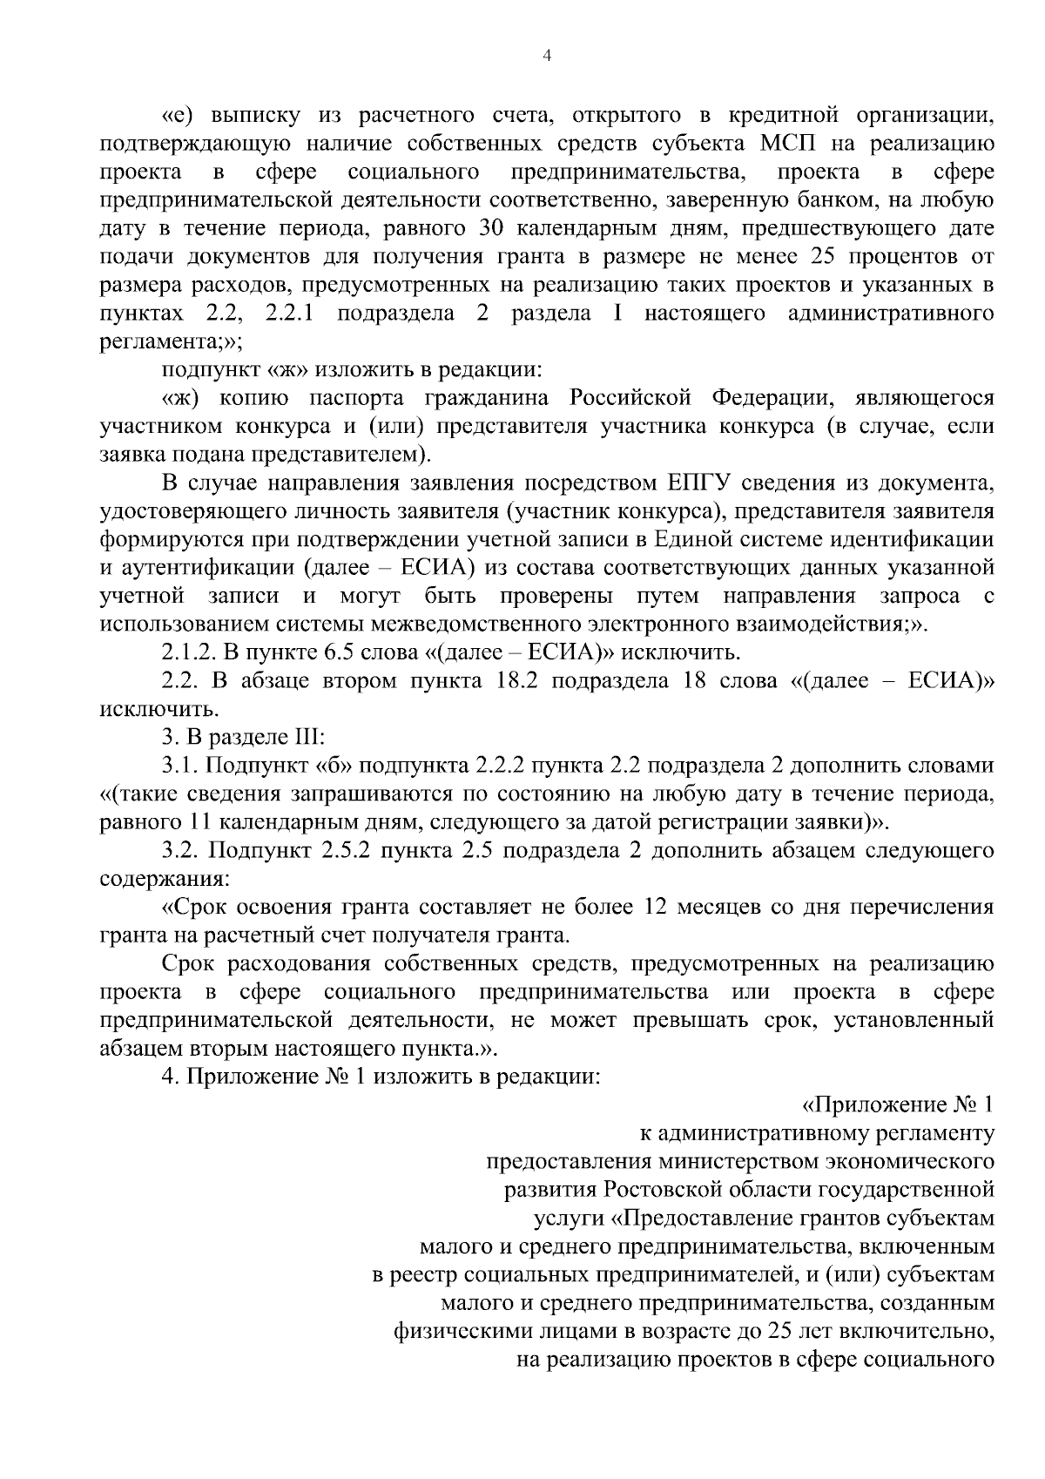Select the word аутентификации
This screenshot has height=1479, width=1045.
[210, 569]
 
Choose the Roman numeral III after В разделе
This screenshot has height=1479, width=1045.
[304, 737]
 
